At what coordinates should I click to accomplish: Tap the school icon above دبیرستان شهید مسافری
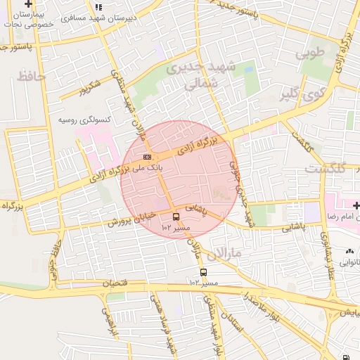pos(98,6)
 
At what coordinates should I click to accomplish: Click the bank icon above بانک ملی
pos(147,157)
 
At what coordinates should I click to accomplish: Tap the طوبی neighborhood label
pos(311,53)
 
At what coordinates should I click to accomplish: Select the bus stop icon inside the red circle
pos(175,217)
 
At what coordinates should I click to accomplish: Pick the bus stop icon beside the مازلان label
pos(203,272)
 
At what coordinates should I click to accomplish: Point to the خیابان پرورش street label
pos(130,219)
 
